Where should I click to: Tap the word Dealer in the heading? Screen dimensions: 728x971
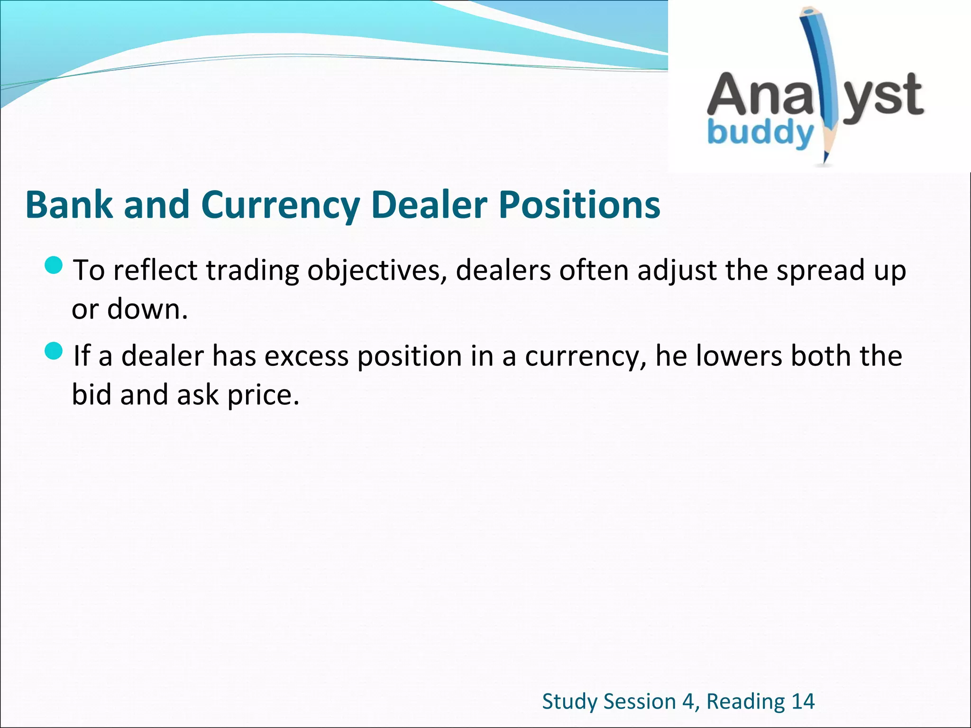coord(429,205)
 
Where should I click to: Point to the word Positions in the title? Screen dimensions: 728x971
coord(579,205)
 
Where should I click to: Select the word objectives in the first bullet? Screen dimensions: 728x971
coord(377,271)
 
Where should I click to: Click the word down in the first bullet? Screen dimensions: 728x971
coord(147,309)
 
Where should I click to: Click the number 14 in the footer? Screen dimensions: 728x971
coord(803,701)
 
